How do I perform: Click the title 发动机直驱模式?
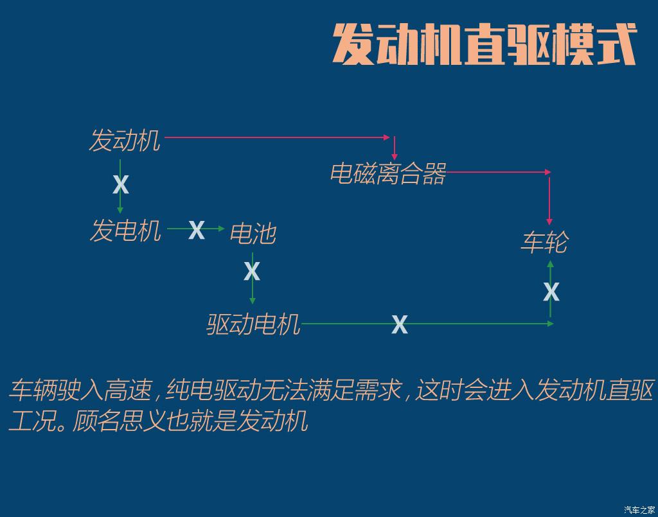pyautogui.click(x=485, y=44)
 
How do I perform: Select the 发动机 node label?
pyautogui.click(x=125, y=140)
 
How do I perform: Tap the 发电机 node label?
pyautogui.click(x=125, y=230)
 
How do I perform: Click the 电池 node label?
pyautogui.click(x=253, y=233)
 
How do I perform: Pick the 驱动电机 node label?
pyautogui.click(x=253, y=324)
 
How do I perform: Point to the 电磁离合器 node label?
pyautogui.click(x=388, y=173)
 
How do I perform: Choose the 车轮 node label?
pyautogui.click(x=545, y=241)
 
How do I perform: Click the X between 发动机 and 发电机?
pyautogui.click(x=120, y=184)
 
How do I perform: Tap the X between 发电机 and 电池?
pyautogui.click(x=197, y=230)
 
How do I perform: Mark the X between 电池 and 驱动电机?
pyautogui.click(x=252, y=271)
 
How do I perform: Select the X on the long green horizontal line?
pyautogui.click(x=400, y=324)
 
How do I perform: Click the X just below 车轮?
pyautogui.click(x=551, y=292)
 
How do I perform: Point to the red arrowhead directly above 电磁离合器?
pyautogui.click(x=395, y=157)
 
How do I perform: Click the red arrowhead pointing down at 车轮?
pyautogui.click(x=549, y=222)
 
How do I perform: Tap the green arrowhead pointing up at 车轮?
pyautogui.click(x=551, y=264)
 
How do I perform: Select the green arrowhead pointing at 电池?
pyautogui.click(x=222, y=229)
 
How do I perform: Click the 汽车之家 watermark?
pyautogui.click(x=639, y=510)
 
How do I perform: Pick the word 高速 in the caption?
pyautogui.click(x=128, y=390)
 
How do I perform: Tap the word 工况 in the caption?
pyautogui.click(x=32, y=421)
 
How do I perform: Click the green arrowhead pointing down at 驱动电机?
pyautogui.click(x=252, y=301)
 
